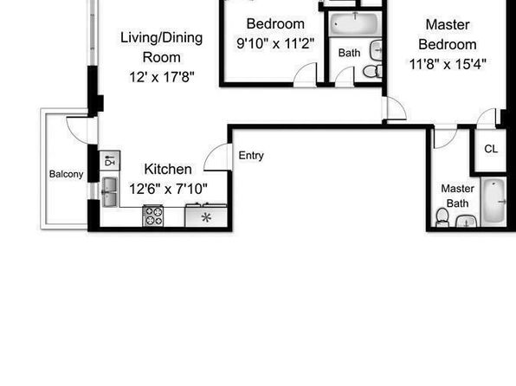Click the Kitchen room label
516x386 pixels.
click(168, 169)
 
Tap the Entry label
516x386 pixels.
click(251, 155)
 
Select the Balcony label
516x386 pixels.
click(66, 174)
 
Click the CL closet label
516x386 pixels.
click(491, 149)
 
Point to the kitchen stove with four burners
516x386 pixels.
click(152, 216)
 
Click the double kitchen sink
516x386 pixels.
click(110, 192)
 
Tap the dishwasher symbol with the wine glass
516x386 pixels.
click(110, 161)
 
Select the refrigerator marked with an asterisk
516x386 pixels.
click(206, 216)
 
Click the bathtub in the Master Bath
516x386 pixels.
click(493, 202)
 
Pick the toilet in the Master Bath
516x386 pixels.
click(442, 217)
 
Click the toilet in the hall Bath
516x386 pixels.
click(372, 71)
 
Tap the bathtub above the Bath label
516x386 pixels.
click(355, 23)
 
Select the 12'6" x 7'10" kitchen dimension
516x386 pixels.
click(168, 190)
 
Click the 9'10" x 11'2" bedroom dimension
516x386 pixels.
click(275, 43)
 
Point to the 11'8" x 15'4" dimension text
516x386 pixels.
click(448, 64)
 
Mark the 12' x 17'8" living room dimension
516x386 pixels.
click(162, 77)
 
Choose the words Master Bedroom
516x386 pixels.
click(448, 35)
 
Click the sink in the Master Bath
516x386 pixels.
click(467, 222)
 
